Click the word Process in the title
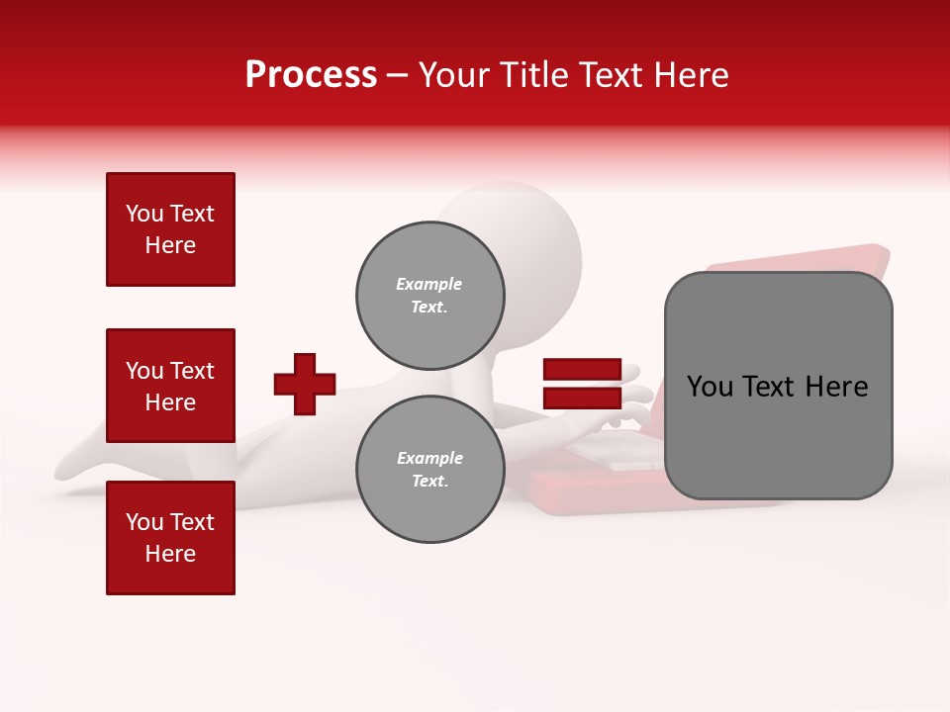coord(311,75)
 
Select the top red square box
coord(170,229)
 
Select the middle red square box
coord(170,386)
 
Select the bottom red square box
coord(170,538)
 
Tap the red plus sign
coord(305,384)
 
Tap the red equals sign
coord(582,384)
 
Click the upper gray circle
coord(430,296)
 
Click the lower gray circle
coord(430,470)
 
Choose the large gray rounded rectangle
coord(778,386)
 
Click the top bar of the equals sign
coord(582,370)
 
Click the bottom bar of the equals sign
coord(582,398)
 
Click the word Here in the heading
coord(687,75)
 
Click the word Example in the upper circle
coord(429,284)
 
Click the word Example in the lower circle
coord(429,458)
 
